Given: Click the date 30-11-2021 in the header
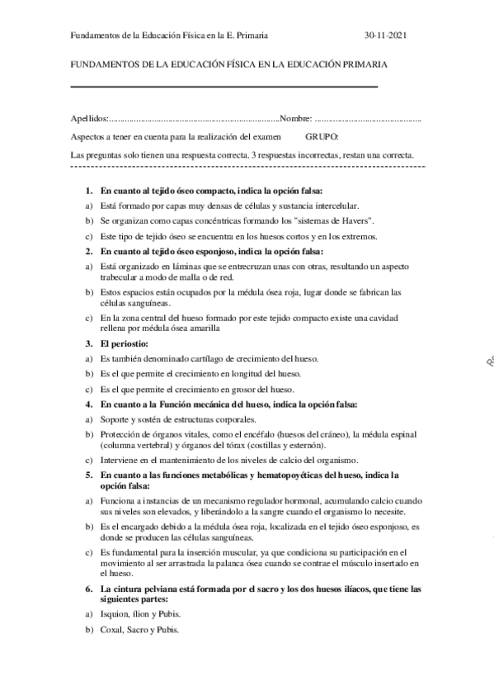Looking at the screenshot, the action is click(385, 36).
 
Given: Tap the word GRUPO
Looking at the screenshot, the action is click(322, 136).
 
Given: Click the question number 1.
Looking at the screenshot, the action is click(90, 190).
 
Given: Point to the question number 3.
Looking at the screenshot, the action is click(90, 342).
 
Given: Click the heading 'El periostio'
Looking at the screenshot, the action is click(123, 342).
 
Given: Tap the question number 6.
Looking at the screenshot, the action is click(90, 589).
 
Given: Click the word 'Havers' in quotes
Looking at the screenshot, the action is click(353, 221).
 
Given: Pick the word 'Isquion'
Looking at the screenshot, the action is click(115, 615).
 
